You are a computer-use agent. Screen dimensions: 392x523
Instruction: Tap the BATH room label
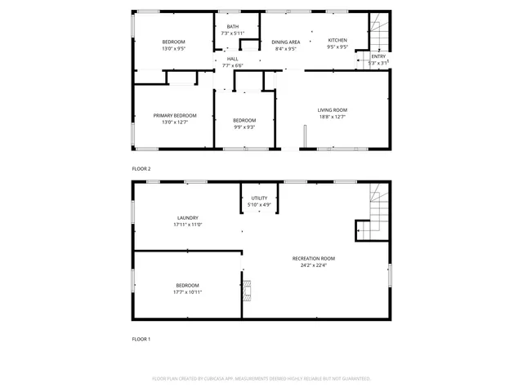coord(233,27)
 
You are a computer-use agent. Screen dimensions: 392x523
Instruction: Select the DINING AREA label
coord(286,42)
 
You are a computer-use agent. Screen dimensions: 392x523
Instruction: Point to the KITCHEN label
coord(337,40)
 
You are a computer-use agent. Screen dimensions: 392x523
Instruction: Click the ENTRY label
coord(378,56)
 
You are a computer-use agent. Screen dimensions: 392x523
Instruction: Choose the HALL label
coord(233,59)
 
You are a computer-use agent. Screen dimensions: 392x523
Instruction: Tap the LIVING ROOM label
coord(333,109)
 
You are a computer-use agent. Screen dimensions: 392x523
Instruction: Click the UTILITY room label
coord(259,198)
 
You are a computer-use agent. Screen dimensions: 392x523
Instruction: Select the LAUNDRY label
coord(187,218)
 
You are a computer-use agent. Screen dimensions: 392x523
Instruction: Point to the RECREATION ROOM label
coord(314,258)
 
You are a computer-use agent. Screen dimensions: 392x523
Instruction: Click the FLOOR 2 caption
coord(141,169)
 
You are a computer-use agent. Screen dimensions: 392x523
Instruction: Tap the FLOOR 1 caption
coord(141,339)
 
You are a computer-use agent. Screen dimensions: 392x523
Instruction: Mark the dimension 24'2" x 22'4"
coord(314,265)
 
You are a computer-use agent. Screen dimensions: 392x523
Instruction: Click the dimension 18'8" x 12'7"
coord(333,116)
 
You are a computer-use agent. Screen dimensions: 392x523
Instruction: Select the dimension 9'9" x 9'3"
coord(244,127)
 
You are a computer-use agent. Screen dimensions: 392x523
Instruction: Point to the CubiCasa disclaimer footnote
coord(261,379)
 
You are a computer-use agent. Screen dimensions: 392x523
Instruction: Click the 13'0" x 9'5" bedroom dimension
coord(173,48)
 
